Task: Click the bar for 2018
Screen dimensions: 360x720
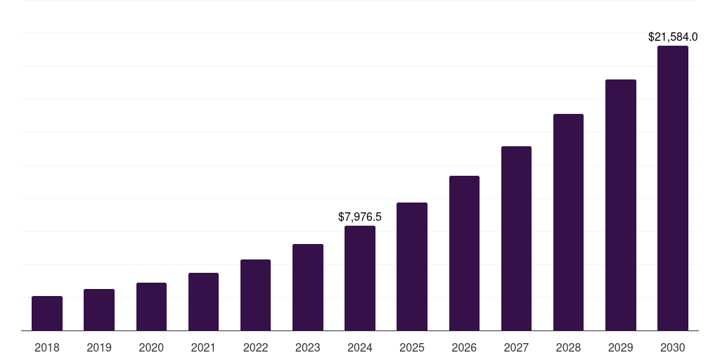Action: (47, 314)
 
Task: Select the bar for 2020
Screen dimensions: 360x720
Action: (151, 307)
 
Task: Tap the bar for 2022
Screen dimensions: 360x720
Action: (255, 295)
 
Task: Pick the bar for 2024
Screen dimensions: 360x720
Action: (360, 278)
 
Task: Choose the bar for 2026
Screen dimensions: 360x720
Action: (464, 253)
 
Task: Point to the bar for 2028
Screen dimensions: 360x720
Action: (568, 222)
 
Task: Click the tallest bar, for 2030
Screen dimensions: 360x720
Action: (673, 188)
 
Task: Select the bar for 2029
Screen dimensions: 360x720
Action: (621, 205)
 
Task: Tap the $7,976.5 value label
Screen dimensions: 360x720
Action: (360, 217)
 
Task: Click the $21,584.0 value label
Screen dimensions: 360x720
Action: (673, 37)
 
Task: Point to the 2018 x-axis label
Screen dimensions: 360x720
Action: (47, 347)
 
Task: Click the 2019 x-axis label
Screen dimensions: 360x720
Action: (99, 347)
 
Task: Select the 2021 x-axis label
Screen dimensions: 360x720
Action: (203, 347)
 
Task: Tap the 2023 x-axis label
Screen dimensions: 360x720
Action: (308, 347)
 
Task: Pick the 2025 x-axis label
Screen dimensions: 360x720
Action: (412, 347)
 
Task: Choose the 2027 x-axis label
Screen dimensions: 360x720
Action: (516, 347)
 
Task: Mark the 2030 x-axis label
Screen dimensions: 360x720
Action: (673, 347)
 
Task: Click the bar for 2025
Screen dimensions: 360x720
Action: (412, 266)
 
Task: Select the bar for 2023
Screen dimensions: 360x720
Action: (308, 288)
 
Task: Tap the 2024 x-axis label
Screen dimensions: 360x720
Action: (360, 347)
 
